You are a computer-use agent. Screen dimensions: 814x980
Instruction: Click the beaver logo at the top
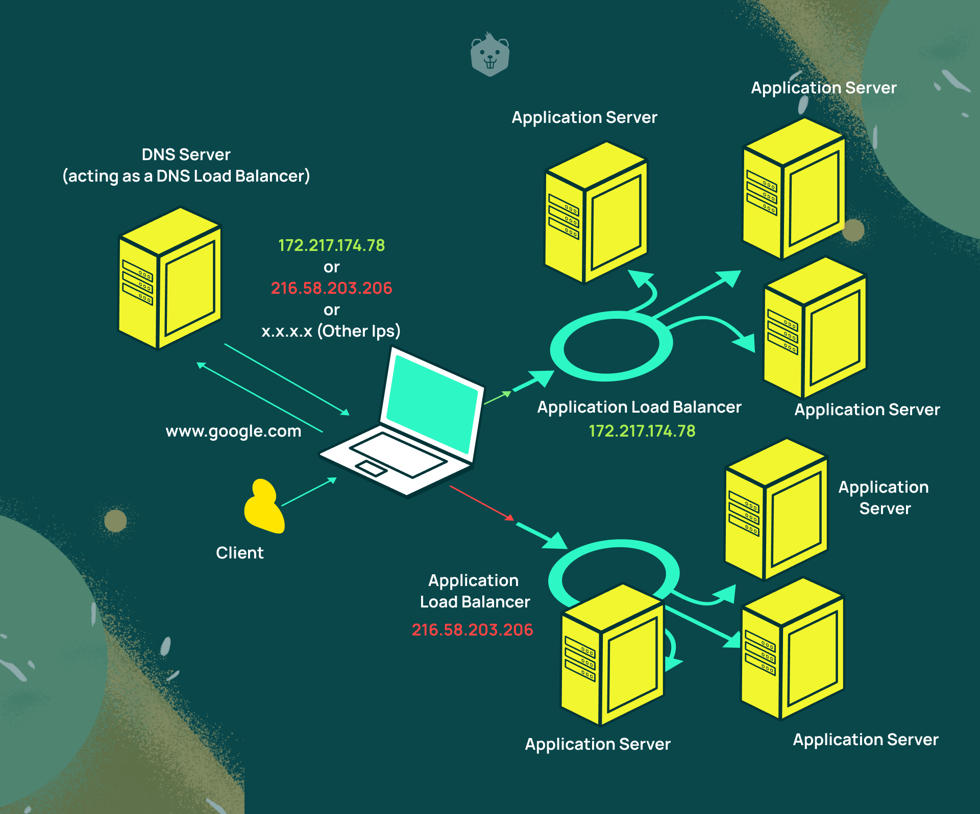(489, 55)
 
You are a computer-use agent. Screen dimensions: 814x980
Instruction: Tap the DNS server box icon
(169, 278)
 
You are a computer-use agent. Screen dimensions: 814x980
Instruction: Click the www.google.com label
(233, 431)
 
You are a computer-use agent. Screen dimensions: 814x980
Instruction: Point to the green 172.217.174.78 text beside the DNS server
(331, 245)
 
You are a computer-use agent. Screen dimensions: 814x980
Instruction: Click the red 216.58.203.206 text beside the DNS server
(331, 288)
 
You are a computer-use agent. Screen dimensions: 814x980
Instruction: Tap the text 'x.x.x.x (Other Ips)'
(331, 331)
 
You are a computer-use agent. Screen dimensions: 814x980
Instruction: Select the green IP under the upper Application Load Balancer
(642, 431)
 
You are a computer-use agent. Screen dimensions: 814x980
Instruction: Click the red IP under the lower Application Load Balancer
(472, 630)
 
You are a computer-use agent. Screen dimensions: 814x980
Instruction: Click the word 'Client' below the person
(239, 553)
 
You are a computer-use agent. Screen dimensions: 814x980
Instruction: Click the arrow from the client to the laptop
(309, 492)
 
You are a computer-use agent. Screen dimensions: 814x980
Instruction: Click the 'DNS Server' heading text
(186, 155)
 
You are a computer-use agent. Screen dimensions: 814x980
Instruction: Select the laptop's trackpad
(371, 468)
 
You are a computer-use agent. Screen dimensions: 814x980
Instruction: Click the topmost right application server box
(794, 189)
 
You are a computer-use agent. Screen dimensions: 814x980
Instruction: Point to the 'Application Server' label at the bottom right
(865, 740)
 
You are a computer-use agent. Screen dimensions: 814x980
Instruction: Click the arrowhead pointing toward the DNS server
(201, 365)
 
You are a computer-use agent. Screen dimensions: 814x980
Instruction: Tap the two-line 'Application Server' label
(884, 498)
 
